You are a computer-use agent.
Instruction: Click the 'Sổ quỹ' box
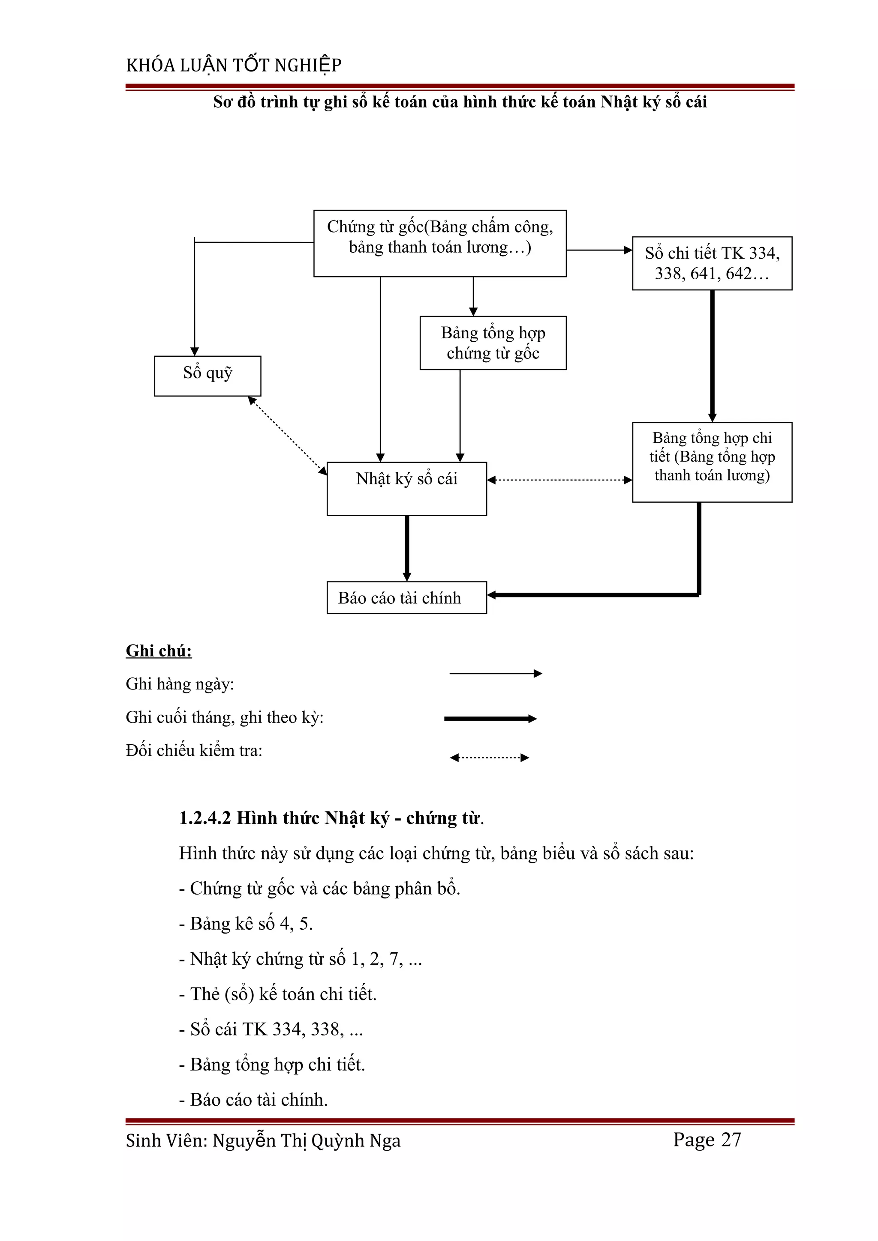(208, 376)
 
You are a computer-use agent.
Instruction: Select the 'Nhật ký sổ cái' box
(406, 488)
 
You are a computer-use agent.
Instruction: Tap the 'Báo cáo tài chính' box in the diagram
(406, 597)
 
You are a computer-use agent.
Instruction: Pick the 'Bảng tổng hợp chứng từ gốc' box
(493, 343)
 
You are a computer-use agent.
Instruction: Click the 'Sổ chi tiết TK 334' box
(712, 263)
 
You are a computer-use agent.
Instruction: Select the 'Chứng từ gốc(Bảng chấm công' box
(440, 243)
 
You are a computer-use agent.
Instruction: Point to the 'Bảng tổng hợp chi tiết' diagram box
(712, 462)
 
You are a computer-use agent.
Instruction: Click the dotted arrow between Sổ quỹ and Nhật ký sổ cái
(287, 436)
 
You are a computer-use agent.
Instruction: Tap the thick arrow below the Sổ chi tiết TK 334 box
(713, 356)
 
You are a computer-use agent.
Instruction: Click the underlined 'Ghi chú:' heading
(159, 651)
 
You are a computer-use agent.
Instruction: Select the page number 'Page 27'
(707, 1140)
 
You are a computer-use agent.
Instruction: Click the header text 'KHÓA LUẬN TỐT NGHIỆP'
(234, 66)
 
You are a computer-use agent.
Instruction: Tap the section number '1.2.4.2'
(205, 818)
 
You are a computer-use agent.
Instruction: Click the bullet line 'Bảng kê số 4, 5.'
(246, 924)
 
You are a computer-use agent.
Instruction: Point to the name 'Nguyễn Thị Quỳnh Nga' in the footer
(306, 1140)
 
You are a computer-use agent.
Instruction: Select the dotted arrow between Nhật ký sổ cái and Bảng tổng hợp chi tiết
(559, 480)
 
